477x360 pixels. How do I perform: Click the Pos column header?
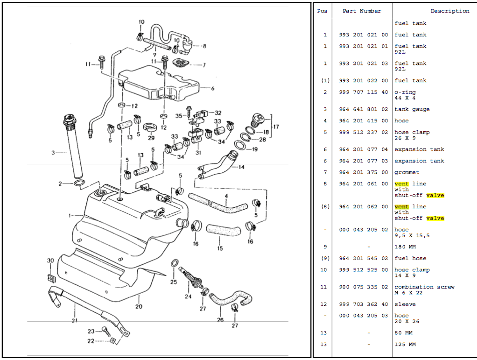coord(322,11)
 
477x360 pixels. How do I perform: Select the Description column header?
coord(449,11)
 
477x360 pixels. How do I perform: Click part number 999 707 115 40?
coord(363,92)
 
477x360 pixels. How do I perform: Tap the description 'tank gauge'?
coord(412,109)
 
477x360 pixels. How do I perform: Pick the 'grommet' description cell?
coord(407,172)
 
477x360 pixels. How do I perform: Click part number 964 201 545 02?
coord(363,258)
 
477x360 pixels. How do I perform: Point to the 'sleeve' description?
coord(405,304)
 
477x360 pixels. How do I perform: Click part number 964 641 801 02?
coord(363,109)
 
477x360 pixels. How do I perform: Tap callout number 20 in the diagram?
coord(139,307)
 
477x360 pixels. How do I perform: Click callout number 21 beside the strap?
coord(74,320)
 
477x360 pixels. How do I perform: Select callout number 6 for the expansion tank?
coord(212,88)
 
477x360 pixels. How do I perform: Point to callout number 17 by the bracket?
coord(276,127)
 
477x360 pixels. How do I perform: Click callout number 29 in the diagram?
coord(151,138)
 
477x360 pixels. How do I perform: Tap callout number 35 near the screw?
coord(178,115)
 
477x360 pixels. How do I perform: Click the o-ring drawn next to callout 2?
coord(79,183)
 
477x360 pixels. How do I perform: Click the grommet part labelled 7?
coord(180,64)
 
